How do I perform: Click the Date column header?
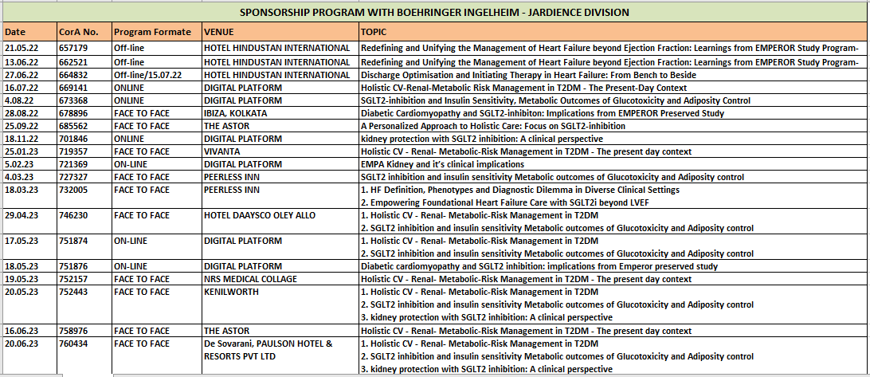(15, 32)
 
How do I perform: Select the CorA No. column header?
(79, 32)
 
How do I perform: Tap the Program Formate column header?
(152, 32)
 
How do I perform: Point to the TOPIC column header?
(374, 32)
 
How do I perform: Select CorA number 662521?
(73, 61)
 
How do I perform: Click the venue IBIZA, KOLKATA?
(235, 113)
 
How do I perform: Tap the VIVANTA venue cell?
(222, 151)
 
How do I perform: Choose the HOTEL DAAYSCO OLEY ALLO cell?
(260, 215)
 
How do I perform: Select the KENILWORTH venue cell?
(231, 292)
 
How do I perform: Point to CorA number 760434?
(73, 344)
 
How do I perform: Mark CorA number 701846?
(73, 139)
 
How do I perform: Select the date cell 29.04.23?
(22, 215)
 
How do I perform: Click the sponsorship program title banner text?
(434, 12)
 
